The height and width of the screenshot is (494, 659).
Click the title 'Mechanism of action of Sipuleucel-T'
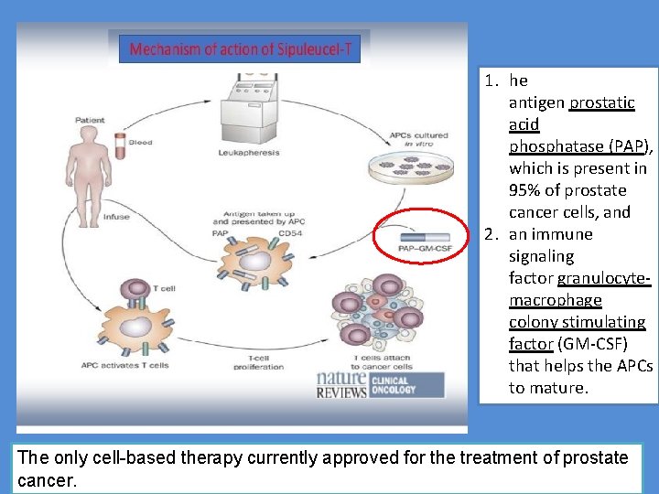click(x=240, y=48)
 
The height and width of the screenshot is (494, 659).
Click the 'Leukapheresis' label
click(x=250, y=153)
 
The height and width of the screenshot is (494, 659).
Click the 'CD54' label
click(x=291, y=232)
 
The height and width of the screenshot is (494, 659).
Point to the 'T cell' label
click(x=163, y=286)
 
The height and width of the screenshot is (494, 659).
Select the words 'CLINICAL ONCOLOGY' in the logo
click(x=393, y=383)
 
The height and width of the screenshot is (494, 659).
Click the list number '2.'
click(x=491, y=234)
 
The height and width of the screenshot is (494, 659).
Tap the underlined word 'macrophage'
click(x=556, y=300)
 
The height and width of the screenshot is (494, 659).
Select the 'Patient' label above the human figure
click(x=89, y=120)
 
